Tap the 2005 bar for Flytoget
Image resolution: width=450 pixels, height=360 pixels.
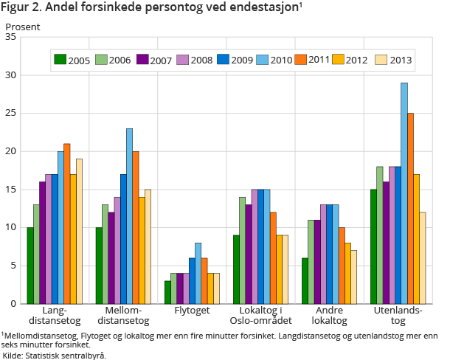(x=167, y=292)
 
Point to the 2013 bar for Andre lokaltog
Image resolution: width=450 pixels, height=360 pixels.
(x=353, y=277)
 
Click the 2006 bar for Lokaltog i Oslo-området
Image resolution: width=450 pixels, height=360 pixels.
(x=242, y=250)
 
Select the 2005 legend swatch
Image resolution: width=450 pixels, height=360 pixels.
(x=60, y=59)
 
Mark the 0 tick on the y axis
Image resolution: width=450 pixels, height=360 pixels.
(x=13, y=303)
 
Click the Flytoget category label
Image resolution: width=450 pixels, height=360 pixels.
(x=191, y=311)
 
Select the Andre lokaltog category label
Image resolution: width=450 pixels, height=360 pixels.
(x=328, y=316)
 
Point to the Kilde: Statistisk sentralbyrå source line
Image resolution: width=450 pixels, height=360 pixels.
(x=55, y=355)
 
